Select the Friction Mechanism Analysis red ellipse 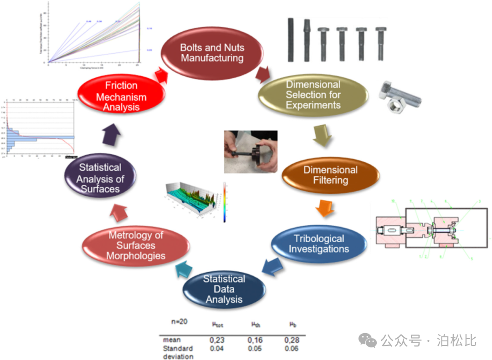[121, 96]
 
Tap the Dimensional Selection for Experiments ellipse [313, 95]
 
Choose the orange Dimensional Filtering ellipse [331, 175]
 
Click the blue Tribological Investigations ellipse [319, 243]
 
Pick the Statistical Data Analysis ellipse [224, 289]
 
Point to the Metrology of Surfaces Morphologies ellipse [136, 245]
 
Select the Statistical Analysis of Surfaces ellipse [100, 178]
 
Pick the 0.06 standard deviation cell [291, 349]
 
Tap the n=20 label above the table [179, 322]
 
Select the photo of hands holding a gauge [251, 152]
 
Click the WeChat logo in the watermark [367, 340]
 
